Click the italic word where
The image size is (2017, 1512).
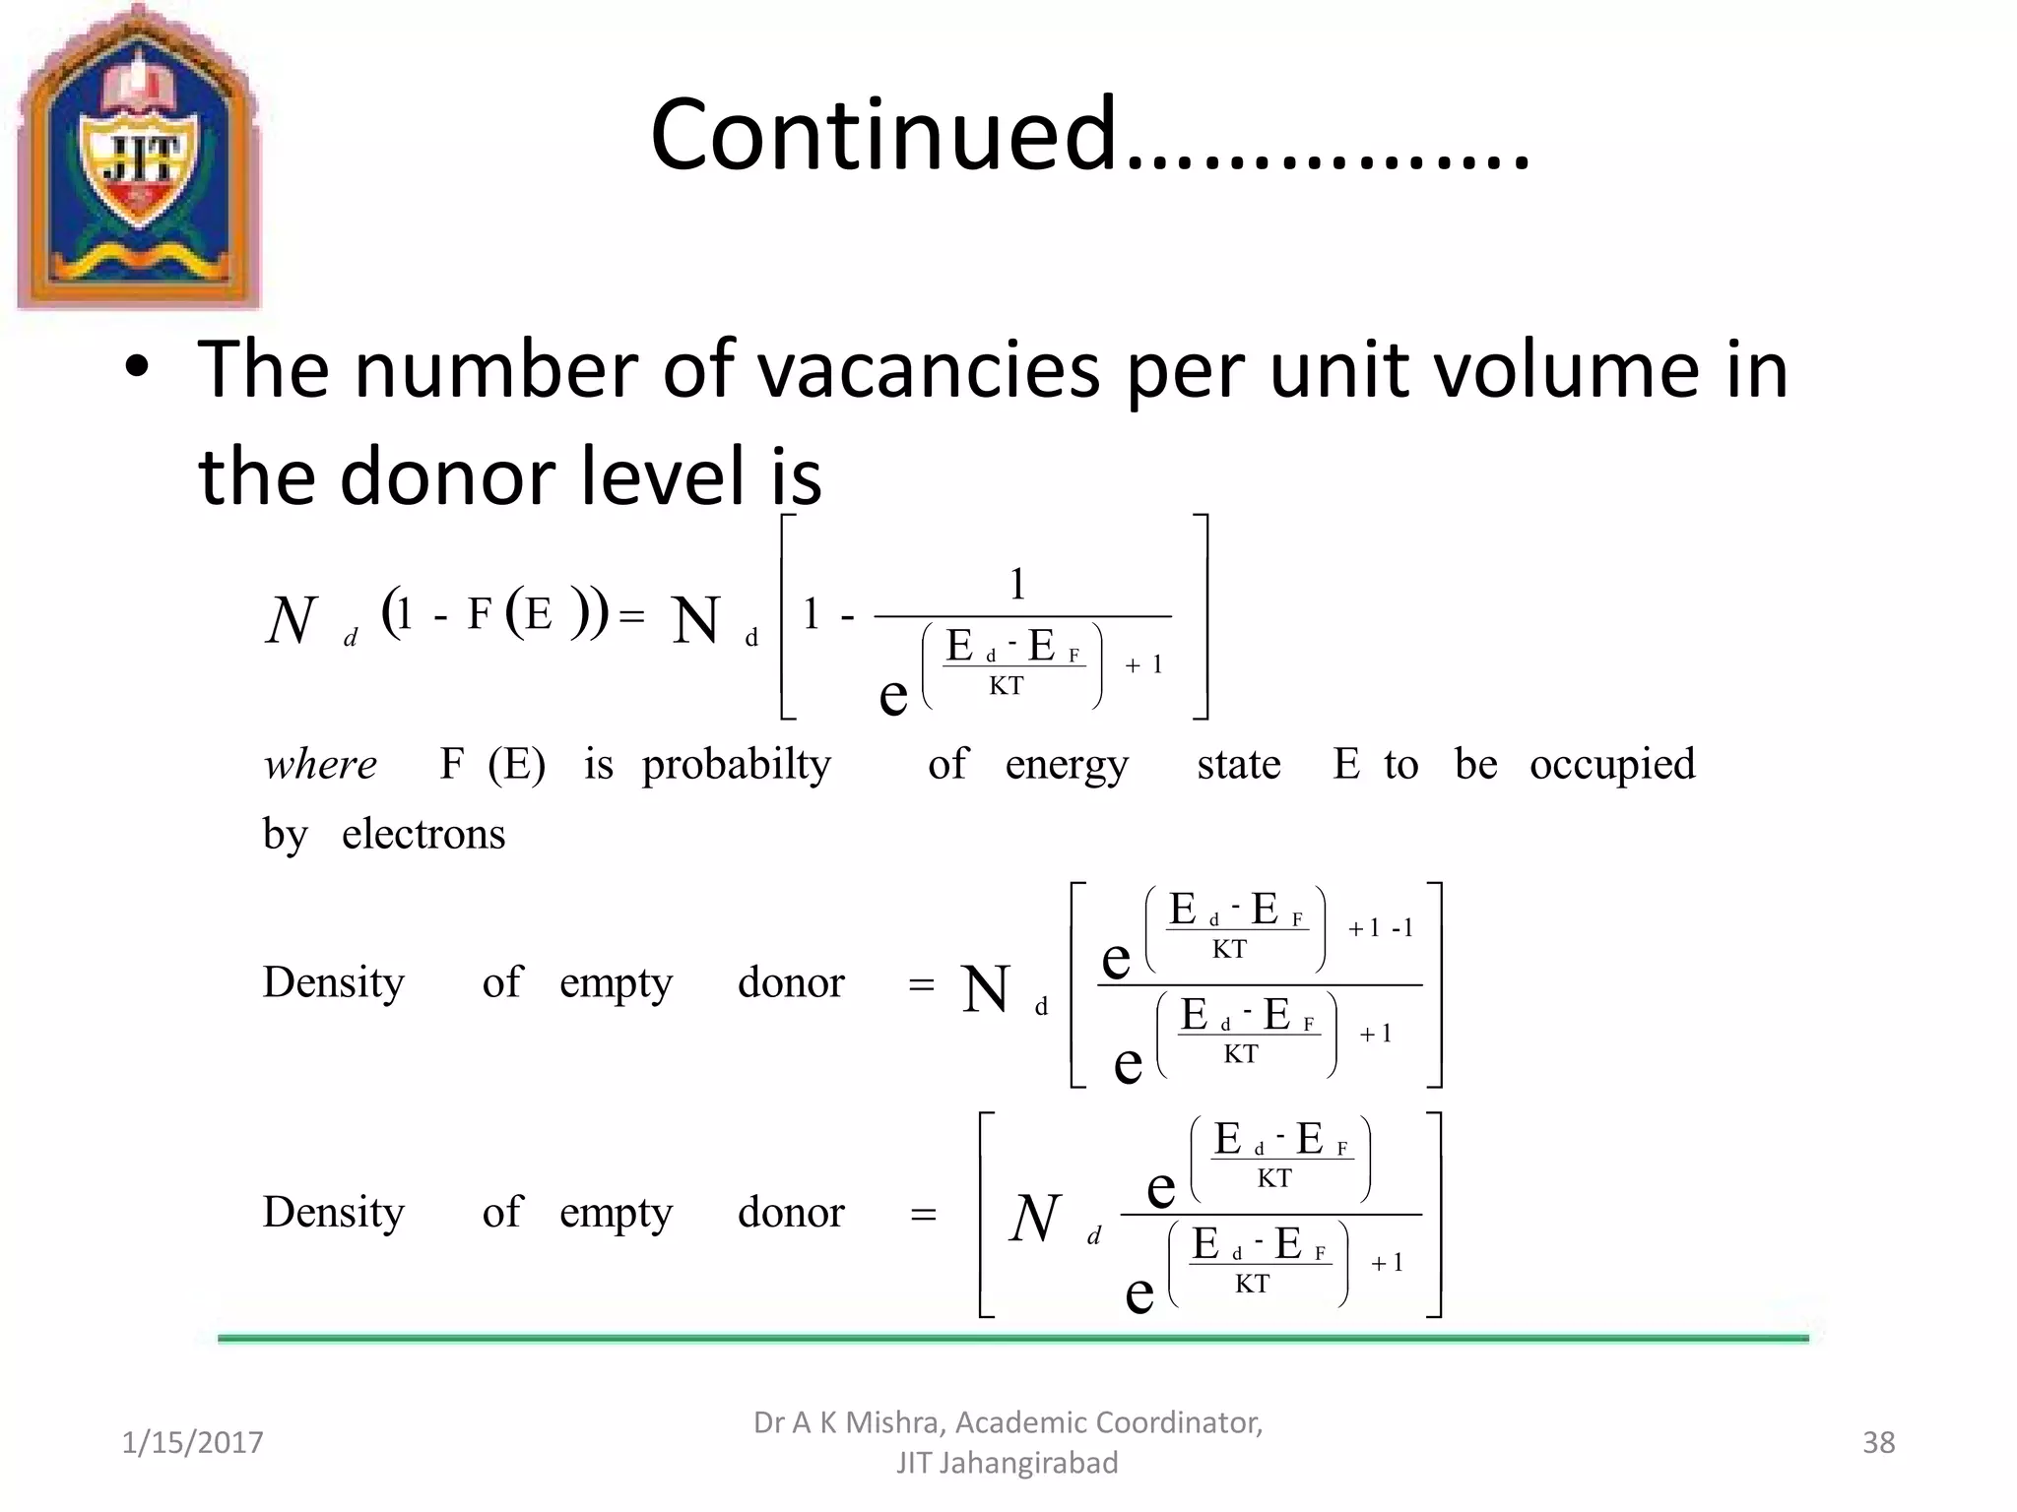pos(320,765)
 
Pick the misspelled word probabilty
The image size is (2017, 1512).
pos(736,765)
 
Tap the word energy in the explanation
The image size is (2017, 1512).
pos(1067,765)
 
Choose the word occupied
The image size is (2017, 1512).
pos(1612,765)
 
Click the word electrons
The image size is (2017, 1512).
pos(423,835)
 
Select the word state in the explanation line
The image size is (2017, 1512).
pos(1239,765)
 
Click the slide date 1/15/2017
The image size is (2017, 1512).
pos(192,1442)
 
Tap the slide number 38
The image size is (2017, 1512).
pos(1878,1442)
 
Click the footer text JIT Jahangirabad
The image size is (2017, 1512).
pos(1007,1463)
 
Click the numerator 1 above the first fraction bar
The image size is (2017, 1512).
pos(1018,585)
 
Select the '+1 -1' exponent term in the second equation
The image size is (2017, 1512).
pos(1381,928)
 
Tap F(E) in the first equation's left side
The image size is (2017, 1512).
pos(522,614)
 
